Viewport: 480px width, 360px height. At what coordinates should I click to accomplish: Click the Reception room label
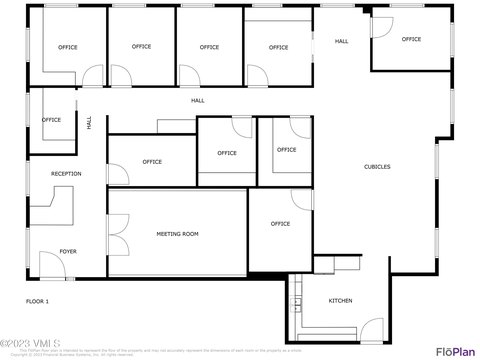click(66, 174)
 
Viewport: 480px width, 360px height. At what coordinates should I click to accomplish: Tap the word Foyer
click(67, 251)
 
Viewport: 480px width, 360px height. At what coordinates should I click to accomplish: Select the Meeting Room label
click(177, 234)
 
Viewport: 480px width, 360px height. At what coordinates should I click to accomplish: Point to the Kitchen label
click(340, 301)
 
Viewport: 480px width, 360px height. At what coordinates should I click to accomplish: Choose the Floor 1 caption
click(37, 301)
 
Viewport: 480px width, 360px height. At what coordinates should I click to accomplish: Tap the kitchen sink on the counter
click(296, 305)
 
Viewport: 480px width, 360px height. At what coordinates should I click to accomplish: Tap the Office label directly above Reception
click(51, 120)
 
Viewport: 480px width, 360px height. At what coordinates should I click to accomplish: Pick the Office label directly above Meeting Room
click(152, 161)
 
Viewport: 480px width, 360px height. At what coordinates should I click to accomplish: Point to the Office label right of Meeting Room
click(280, 223)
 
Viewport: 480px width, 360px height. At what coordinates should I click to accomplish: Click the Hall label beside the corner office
click(341, 41)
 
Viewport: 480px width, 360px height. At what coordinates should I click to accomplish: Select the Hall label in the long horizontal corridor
click(198, 101)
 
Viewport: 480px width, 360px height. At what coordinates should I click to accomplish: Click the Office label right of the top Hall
click(411, 39)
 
